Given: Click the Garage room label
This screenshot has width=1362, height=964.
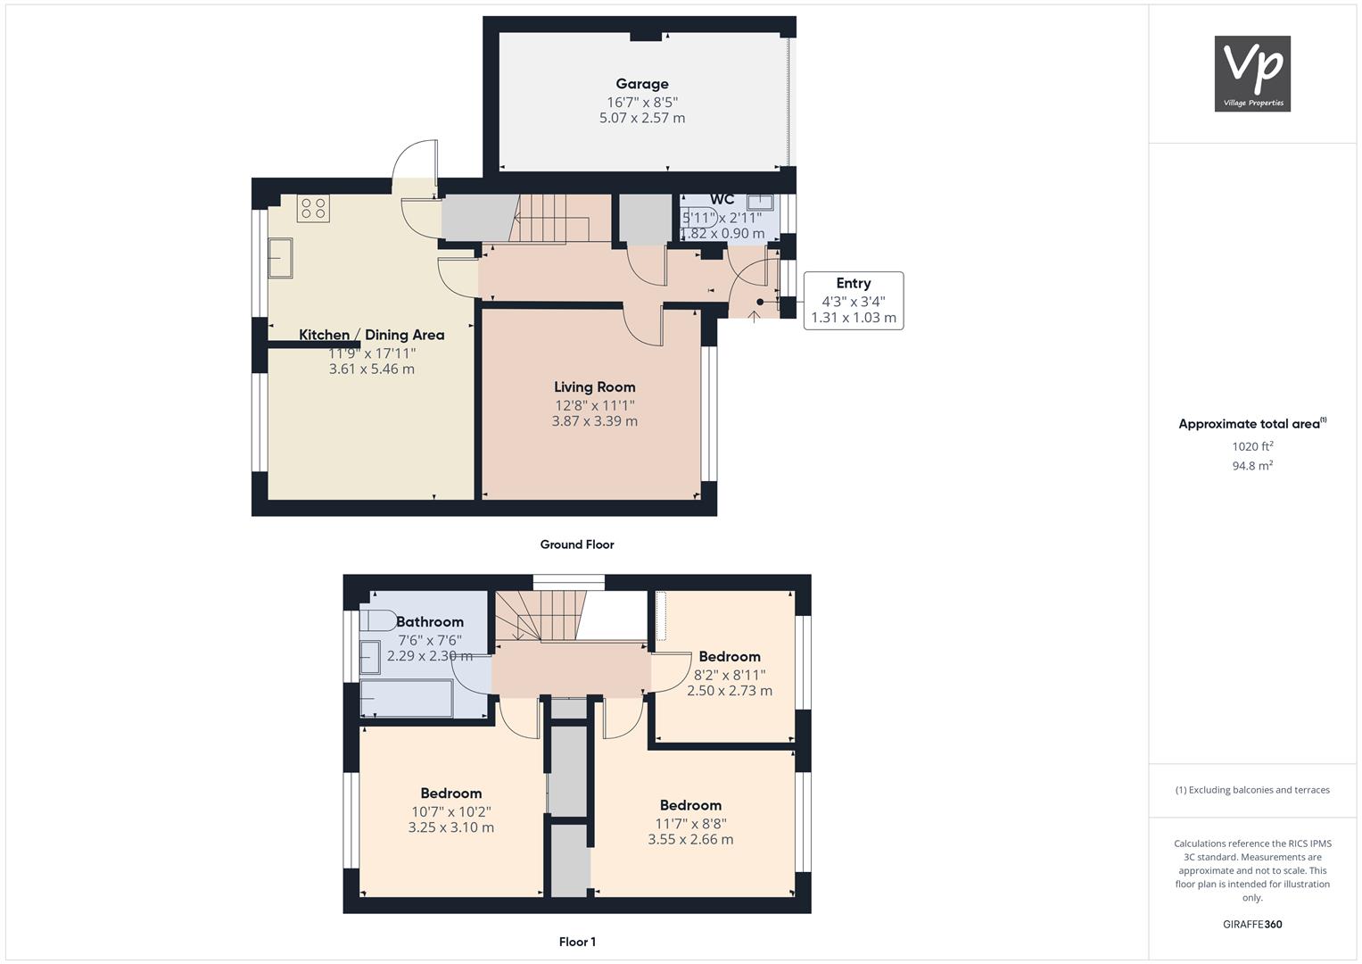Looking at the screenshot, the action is [642, 84].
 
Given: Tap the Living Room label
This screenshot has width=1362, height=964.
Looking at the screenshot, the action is [595, 387].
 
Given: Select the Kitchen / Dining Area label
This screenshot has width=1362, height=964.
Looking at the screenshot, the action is [372, 335].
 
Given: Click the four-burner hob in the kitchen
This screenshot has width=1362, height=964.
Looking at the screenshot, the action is [313, 208].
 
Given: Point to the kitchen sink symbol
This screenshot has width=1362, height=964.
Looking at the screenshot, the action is [280, 258].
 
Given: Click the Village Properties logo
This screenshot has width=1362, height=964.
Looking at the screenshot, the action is [1252, 73].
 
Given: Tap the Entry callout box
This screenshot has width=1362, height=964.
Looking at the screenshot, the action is [854, 301].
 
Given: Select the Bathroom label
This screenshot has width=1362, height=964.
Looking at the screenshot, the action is [430, 622].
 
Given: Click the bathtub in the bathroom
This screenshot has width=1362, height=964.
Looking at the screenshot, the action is [406, 699].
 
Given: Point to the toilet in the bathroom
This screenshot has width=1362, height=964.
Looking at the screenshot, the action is [377, 620].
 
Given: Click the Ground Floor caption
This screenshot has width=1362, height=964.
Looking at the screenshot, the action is [577, 544].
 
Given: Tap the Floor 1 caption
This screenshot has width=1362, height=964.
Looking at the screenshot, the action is [577, 942].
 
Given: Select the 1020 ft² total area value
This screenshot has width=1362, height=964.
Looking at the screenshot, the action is [1252, 446].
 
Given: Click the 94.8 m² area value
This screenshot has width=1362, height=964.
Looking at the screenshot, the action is [1252, 466].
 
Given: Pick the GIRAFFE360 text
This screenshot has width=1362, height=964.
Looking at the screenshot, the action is [1252, 925].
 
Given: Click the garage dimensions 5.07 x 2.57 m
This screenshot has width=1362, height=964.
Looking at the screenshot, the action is [642, 118].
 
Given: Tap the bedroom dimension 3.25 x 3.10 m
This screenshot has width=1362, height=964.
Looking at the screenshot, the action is [451, 827].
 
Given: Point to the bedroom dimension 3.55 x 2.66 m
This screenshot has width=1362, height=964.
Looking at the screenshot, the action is [690, 840].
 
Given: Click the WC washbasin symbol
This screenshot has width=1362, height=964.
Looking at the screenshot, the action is [760, 202].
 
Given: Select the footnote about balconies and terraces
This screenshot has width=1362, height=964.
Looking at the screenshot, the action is [1252, 790].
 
